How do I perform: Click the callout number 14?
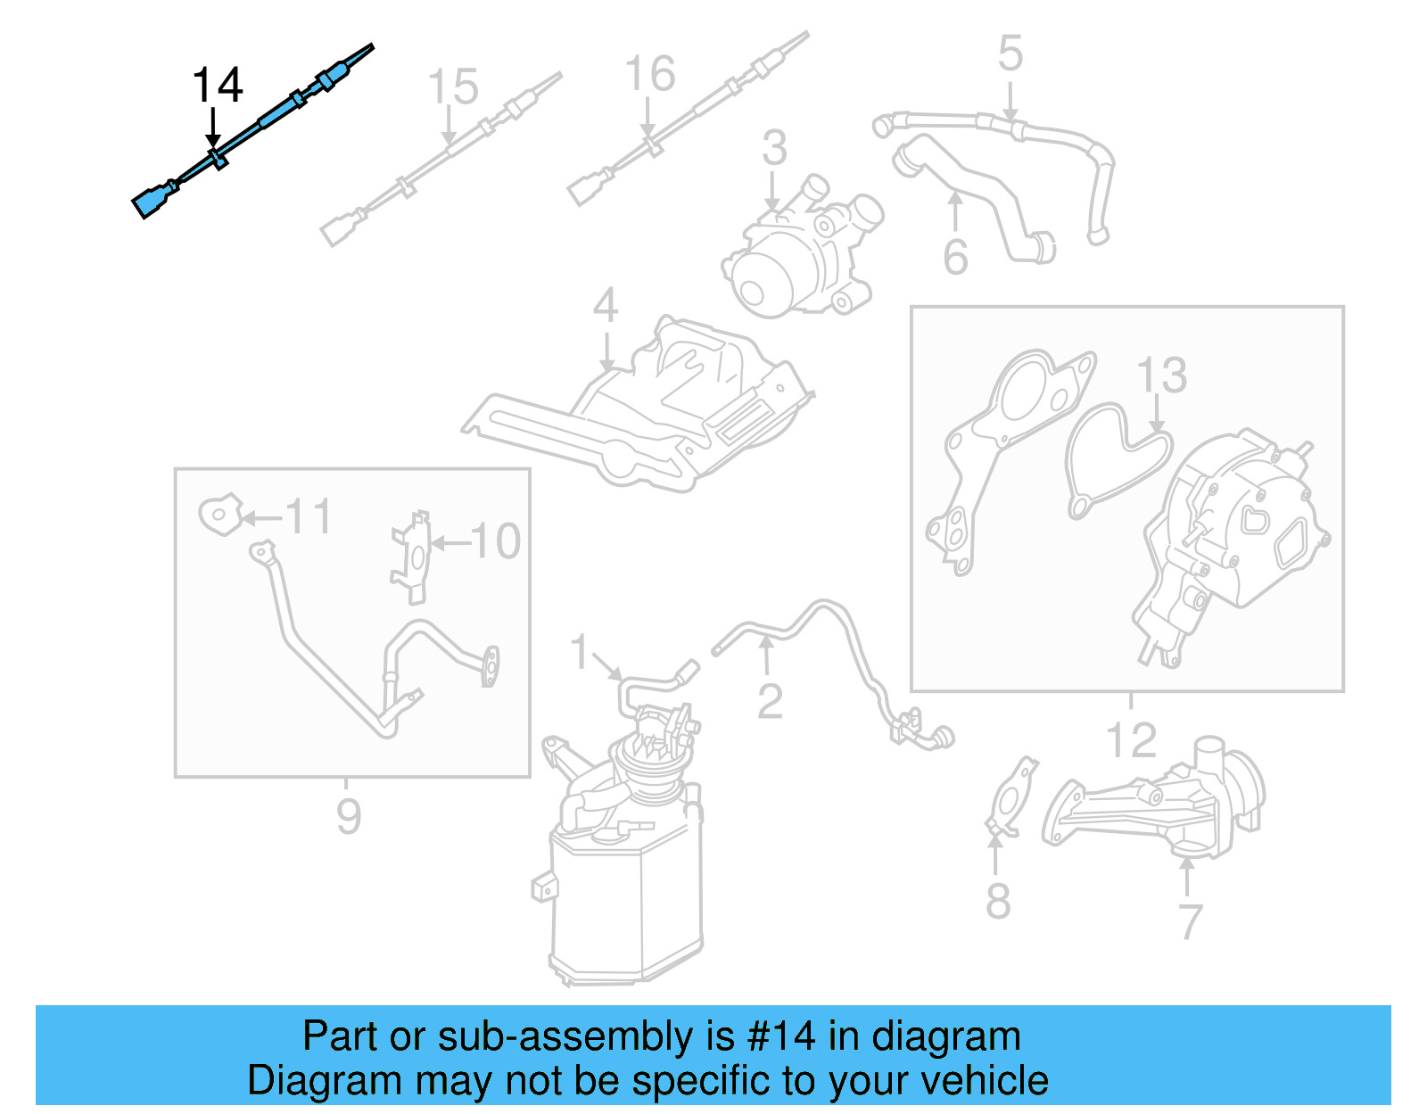(217, 86)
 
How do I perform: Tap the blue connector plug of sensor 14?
(152, 200)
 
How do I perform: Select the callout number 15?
(452, 87)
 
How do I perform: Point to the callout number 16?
(649, 74)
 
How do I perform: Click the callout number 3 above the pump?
(774, 148)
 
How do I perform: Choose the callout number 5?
(1010, 54)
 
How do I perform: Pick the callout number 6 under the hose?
(955, 258)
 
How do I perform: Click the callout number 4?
(606, 306)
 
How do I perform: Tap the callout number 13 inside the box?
(1161, 375)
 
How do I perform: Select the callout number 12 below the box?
(1131, 740)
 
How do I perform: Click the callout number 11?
(309, 517)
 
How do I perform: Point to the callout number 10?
(495, 541)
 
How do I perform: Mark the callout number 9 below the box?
(349, 816)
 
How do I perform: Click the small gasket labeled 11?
(219, 515)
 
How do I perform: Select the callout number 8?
(998, 901)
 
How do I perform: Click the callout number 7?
(1191, 921)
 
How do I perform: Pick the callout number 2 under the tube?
(770, 702)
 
